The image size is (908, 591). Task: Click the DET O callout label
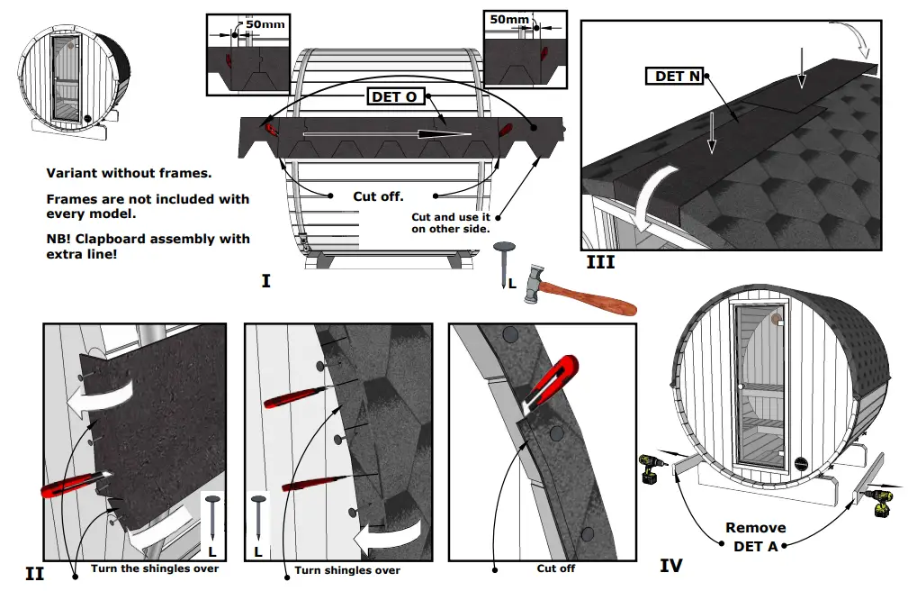pos(394,95)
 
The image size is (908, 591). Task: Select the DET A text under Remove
pos(754,545)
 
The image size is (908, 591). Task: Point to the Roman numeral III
pos(599,262)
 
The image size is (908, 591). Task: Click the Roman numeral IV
pos(670,566)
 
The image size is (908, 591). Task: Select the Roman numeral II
pos(34,573)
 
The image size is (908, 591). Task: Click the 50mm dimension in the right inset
pos(509,19)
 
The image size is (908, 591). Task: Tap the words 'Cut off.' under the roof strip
pos(378,195)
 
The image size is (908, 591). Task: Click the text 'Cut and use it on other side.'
pos(450,223)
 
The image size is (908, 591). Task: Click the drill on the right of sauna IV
pos(881,502)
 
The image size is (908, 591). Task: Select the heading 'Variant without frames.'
pos(128,173)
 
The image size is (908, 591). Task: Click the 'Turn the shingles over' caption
pos(154,568)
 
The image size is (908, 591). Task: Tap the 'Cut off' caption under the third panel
pos(555,568)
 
